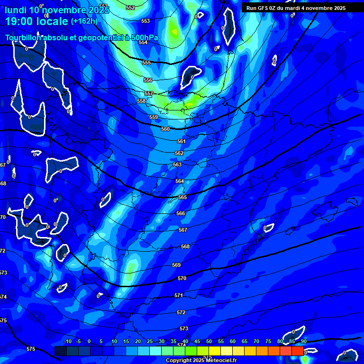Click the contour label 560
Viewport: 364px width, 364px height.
click(165, 129)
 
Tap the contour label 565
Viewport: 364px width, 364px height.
click(182, 197)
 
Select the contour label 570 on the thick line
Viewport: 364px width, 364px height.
click(182, 278)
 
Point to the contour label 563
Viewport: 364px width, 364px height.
click(177, 164)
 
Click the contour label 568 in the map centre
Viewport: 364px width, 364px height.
click(185, 246)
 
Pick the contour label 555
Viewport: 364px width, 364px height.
click(146, 63)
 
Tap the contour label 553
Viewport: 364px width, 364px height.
click(146, 21)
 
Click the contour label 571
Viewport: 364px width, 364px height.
click(179, 295)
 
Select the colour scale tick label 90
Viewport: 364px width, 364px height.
click(303, 342)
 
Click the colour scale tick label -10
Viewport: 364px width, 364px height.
click(67, 342)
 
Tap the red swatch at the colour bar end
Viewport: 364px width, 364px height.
click(297, 351)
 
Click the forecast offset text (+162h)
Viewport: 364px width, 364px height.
click(84, 21)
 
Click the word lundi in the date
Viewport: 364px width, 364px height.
click(15, 9)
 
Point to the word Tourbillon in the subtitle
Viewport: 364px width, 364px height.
click(22, 38)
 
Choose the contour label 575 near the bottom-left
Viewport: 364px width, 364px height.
click(31, 349)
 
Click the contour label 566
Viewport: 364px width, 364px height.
click(181, 214)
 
